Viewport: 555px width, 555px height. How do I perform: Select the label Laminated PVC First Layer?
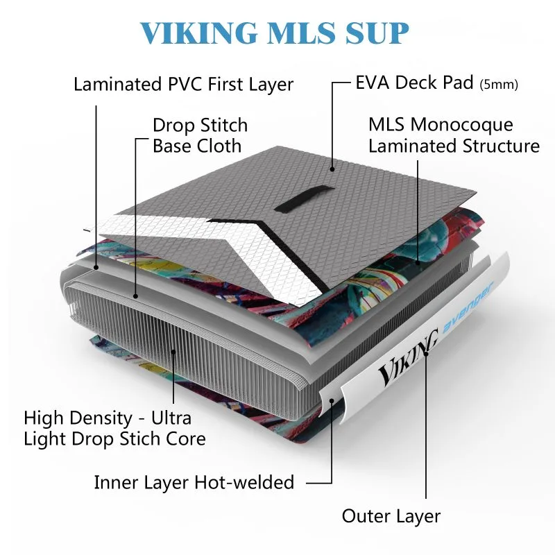[183, 85]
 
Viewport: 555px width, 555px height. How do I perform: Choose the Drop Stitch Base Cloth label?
[199, 136]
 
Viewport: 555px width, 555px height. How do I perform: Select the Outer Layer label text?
[391, 516]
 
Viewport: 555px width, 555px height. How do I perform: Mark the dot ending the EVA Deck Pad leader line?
[333, 166]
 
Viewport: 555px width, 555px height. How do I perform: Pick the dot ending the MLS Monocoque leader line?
[418, 262]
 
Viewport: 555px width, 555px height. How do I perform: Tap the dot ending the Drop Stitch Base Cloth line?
[137, 295]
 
